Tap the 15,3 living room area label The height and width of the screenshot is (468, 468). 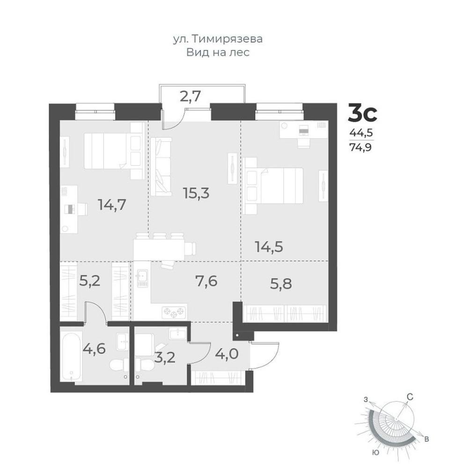[196, 193]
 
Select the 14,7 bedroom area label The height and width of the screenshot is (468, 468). [112, 205]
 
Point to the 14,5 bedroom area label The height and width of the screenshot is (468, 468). [269, 247]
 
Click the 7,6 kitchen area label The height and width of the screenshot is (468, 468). [206, 281]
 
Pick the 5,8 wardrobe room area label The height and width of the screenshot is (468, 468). [281, 284]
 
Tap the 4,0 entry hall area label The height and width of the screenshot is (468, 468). [227, 354]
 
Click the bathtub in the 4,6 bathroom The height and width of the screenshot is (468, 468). [71, 356]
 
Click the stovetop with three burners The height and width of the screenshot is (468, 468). [174, 312]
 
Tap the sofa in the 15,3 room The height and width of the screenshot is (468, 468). [161, 167]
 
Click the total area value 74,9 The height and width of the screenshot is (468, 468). [361, 147]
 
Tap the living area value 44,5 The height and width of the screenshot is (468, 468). [362, 133]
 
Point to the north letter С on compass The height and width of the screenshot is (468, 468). [410, 397]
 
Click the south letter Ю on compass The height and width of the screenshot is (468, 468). [376, 453]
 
